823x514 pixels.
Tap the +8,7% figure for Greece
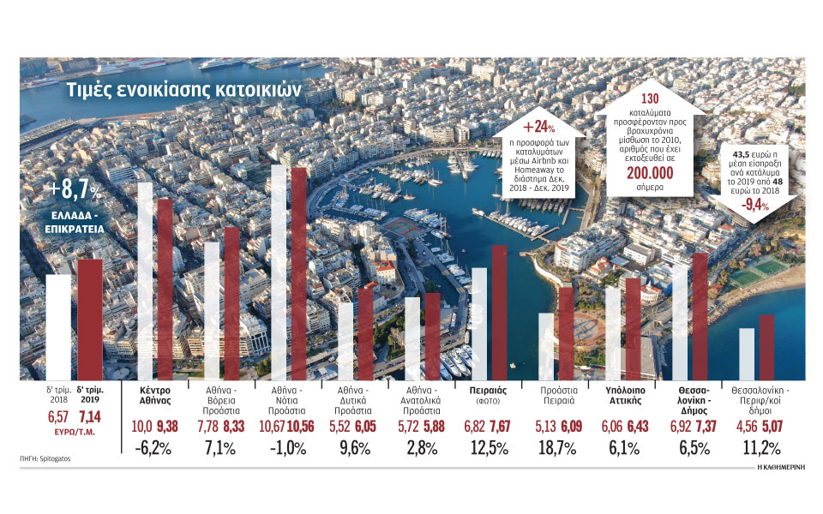75,189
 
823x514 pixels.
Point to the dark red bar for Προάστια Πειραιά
566,333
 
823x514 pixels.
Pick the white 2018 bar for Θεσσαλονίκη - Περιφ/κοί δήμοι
746,353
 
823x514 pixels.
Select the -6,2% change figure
155,447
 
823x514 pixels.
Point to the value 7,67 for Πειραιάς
501,426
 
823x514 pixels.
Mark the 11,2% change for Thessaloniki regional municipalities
761,447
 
